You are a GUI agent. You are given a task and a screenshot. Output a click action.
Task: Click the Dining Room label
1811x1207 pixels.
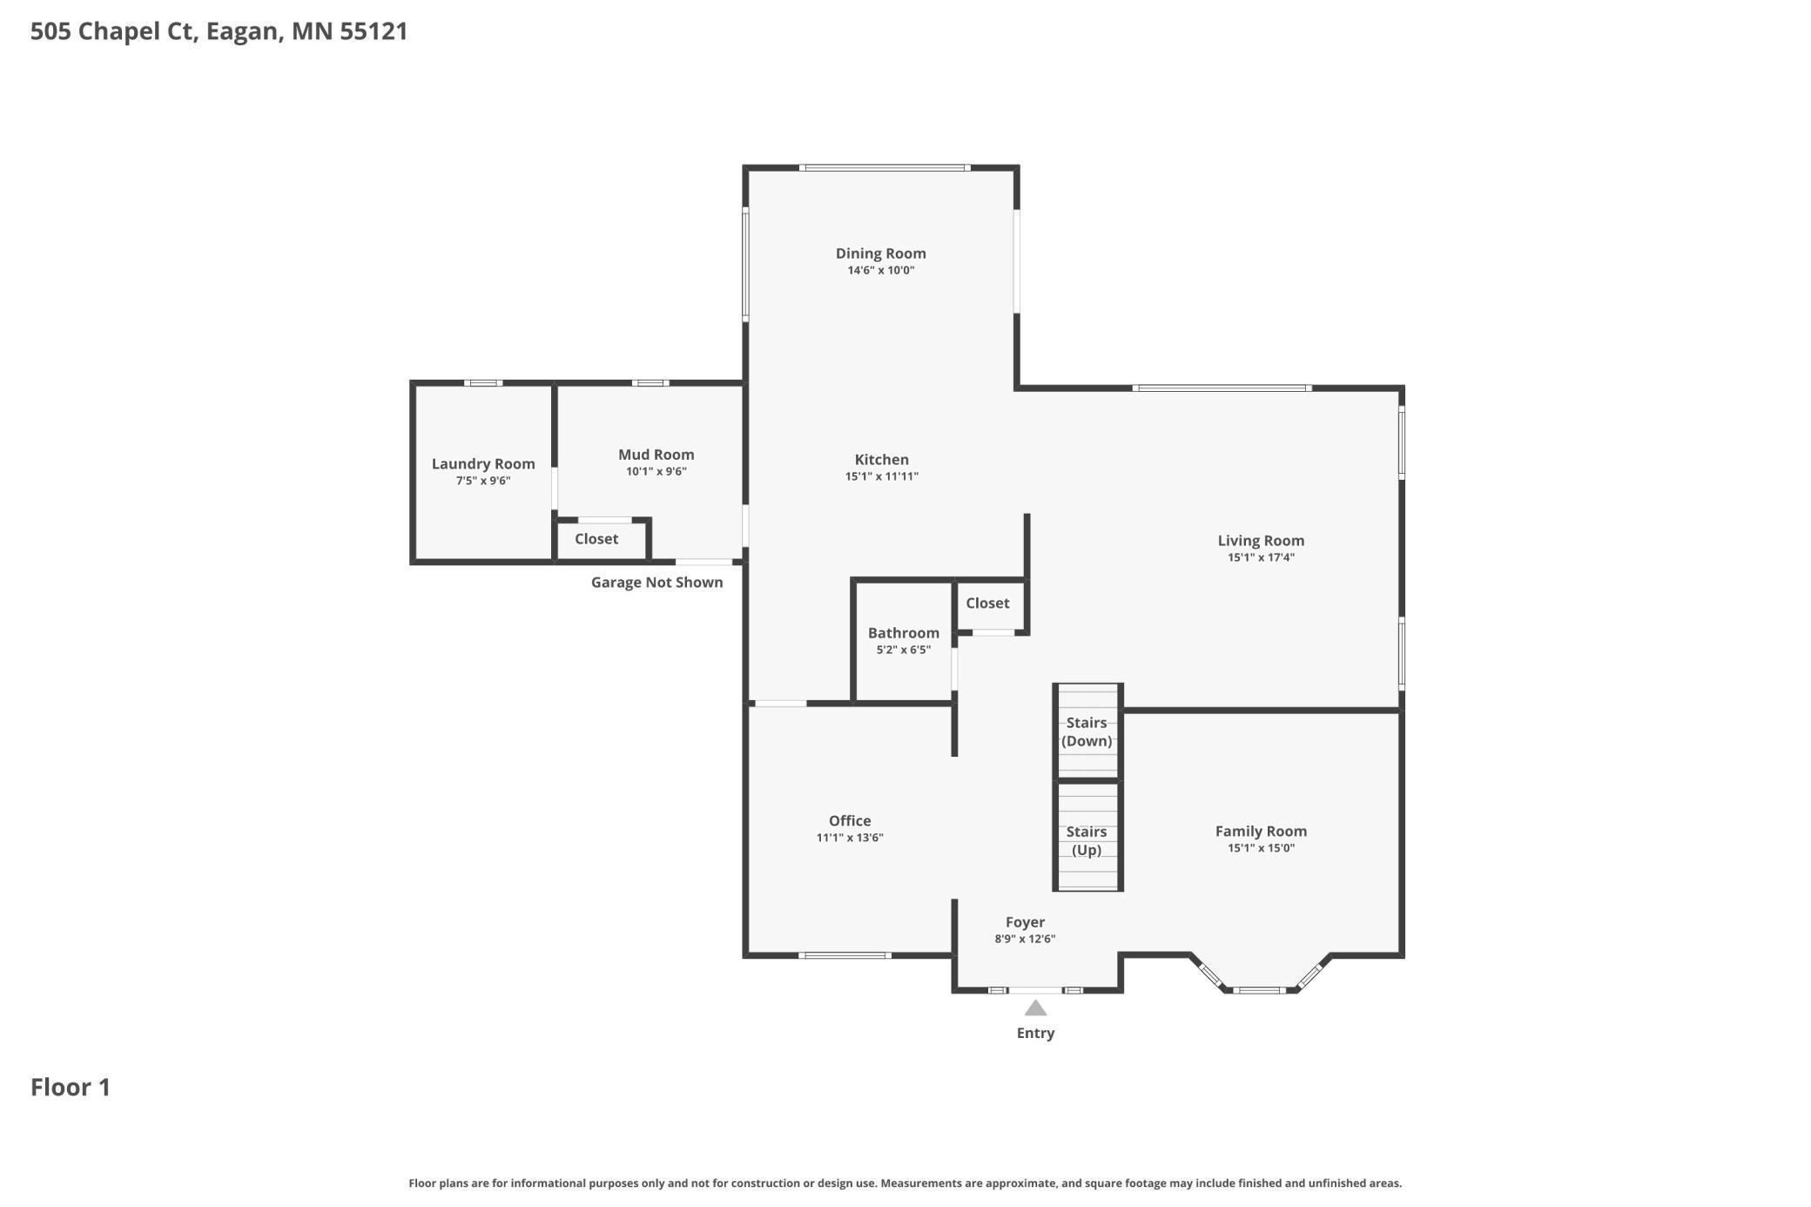tap(880, 253)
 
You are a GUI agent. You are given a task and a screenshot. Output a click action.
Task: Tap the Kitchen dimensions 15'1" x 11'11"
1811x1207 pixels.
tap(881, 476)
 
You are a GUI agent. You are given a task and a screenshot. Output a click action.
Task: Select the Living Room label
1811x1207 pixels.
tap(1261, 541)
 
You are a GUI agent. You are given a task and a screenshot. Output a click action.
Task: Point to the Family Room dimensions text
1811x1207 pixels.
tap(1261, 848)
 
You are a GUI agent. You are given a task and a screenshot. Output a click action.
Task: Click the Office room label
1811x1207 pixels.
tap(850, 820)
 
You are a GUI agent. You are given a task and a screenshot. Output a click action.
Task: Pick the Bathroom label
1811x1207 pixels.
tap(903, 633)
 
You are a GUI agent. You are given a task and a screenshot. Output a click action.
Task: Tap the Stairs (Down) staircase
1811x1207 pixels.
tap(1087, 731)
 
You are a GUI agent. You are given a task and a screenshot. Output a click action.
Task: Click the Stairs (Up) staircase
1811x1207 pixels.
tap(1087, 836)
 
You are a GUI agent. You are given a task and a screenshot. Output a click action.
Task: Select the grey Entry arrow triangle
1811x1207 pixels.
tap(1035, 1008)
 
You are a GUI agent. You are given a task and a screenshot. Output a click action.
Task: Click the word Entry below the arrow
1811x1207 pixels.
tap(1035, 1033)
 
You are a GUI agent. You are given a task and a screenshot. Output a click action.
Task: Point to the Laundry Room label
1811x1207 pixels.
tap(483, 464)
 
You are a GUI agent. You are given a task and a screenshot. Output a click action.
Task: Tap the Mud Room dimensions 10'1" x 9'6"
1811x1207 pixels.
tap(656, 472)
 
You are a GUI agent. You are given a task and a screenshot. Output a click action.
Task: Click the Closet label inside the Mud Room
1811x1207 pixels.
tap(596, 539)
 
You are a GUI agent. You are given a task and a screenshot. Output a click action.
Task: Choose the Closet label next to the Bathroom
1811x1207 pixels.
tap(987, 603)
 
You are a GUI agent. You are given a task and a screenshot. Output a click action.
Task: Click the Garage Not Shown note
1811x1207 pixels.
tap(656, 583)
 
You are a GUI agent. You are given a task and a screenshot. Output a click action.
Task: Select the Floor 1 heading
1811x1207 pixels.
tap(71, 1087)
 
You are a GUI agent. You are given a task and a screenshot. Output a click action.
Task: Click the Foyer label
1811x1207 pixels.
tap(1025, 922)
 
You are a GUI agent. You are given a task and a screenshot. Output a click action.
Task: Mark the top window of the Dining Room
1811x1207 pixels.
tap(885, 167)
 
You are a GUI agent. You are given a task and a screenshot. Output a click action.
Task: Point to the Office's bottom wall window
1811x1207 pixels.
tap(845, 955)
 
